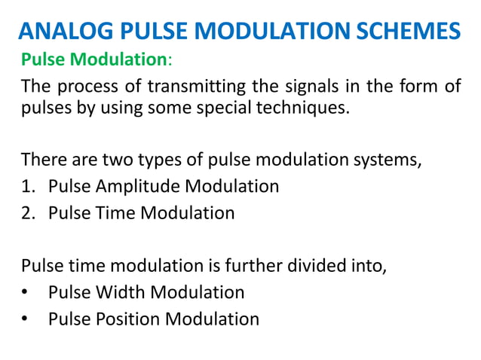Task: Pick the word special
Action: [234, 108]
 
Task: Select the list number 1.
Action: [29, 186]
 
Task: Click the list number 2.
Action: [29, 213]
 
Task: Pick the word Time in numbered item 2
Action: [110, 213]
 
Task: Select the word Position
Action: [124, 319]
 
